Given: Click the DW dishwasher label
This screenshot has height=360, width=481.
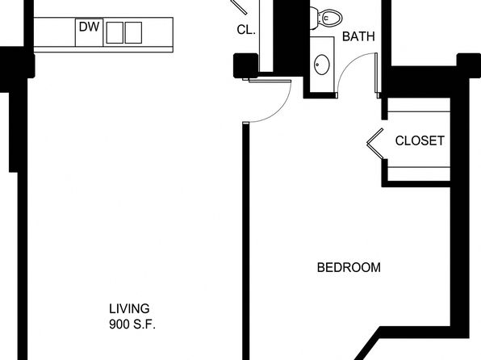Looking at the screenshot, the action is tap(89, 27).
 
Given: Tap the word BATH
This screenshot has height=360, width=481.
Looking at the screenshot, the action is tap(358, 36).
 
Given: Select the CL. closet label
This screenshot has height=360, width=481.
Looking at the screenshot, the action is tap(246, 30).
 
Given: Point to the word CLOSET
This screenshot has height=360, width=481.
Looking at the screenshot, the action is tap(420, 141).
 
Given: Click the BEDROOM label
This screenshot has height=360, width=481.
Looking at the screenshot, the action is tap(349, 268).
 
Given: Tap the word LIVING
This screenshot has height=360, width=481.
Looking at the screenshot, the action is tap(129, 308).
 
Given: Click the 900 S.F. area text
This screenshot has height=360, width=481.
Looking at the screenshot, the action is tap(132, 324).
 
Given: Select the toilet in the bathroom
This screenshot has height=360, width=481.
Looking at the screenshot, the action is tap(325, 18).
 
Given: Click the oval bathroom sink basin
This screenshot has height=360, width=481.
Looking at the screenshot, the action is tap(321, 65).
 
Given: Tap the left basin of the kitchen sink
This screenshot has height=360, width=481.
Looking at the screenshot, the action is tap(115, 32).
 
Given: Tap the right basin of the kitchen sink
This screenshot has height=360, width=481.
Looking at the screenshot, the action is tap(133, 32).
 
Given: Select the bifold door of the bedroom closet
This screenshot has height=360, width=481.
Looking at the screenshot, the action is tap(374, 144).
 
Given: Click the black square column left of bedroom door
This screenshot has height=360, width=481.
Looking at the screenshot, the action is tap(245, 65).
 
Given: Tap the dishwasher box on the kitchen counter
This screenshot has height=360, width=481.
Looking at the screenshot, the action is tap(89, 32).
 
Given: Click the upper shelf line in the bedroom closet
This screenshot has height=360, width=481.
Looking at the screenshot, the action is tap(419, 111).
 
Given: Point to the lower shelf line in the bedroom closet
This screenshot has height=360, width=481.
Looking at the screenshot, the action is tap(419, 167).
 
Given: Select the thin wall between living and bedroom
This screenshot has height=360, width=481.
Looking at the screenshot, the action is tap(245, 241).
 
